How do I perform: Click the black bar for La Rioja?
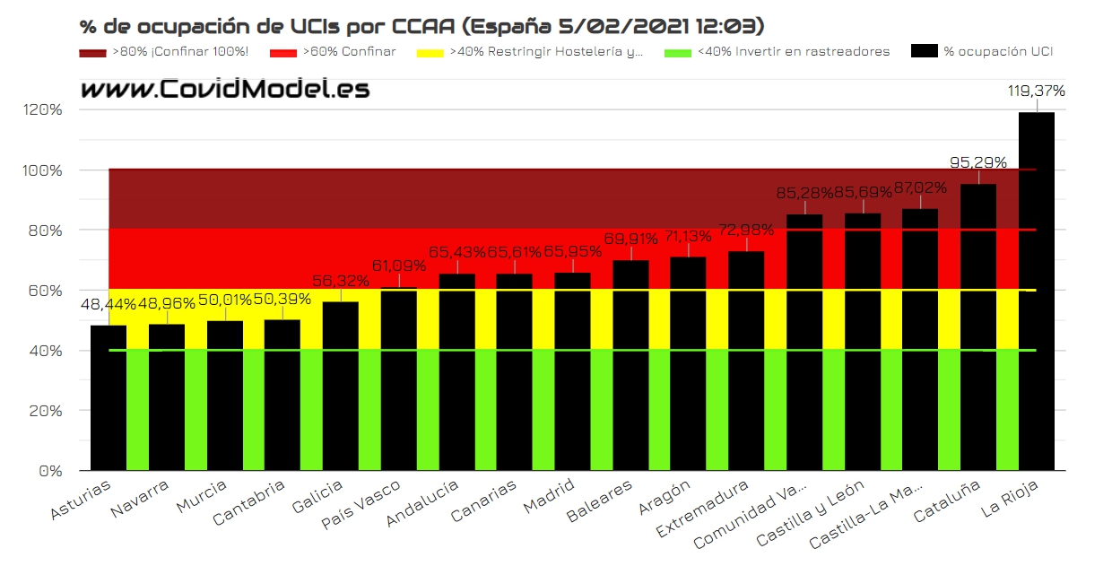1036,292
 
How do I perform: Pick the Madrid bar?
572,371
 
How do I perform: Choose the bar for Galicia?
340,386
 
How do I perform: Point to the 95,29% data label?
977,162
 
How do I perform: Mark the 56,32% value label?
340,281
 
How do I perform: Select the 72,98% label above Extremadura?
746,230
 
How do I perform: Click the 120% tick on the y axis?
44,110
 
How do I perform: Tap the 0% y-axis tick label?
50,471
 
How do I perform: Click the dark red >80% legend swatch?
92,52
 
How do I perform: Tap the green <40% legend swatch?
678,52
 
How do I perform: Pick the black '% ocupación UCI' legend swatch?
924,52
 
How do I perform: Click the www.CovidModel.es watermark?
224,89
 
